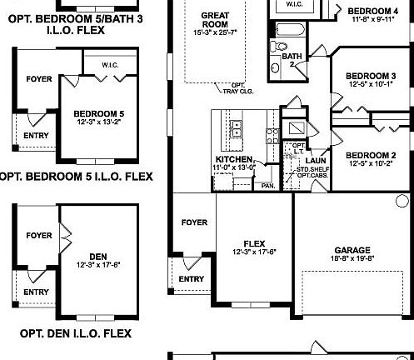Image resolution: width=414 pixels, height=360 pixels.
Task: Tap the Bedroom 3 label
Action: click(370, 77)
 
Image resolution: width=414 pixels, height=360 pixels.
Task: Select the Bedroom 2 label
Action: click(370, 156)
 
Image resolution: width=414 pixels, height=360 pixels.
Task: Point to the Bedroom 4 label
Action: click(367, 11)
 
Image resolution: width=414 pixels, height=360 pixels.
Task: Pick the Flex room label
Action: click(255, 243)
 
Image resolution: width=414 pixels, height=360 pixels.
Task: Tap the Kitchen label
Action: click(234, 158)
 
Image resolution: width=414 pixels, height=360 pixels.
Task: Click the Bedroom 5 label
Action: click(98, 113)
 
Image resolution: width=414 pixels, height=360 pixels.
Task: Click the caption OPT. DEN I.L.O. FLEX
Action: click(76, 333)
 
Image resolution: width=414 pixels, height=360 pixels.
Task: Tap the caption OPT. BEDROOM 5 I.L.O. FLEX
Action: click(76, 176)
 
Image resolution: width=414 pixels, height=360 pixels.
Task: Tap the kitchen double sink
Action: click(237, 129)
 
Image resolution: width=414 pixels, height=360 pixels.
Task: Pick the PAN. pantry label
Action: click(268, 185)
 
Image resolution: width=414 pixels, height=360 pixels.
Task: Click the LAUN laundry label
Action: click(316, 160)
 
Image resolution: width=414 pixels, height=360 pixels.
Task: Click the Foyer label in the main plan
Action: click(193, 222)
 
